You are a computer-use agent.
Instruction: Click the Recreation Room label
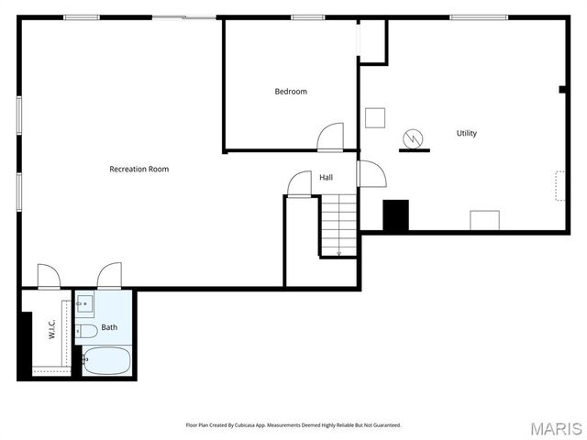pos(138,169)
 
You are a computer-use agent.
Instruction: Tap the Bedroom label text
pos(291,92)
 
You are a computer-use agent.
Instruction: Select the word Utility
pos(466,134)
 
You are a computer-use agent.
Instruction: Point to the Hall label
pos(326,177)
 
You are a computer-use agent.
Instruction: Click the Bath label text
pos(109,327)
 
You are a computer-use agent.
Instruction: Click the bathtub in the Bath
pos(106,359)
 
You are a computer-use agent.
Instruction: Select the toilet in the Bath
pos(87,330)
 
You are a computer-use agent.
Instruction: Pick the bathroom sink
pos(83,303)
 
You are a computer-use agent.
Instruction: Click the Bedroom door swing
pos(330,137)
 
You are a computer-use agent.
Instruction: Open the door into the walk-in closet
pos(49,276)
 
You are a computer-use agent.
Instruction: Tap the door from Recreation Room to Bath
pos(109,275)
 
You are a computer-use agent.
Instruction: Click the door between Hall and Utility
pos(370,173)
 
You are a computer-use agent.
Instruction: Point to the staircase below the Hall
pos(338,225)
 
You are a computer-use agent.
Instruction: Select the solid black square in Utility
pos(395,215)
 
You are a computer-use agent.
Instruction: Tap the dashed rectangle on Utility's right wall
pos(559,185)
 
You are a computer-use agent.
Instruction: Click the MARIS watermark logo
pos(555,428)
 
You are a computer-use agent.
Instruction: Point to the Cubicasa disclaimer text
pos(293,425)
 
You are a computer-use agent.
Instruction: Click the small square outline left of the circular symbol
pos(374,117)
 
